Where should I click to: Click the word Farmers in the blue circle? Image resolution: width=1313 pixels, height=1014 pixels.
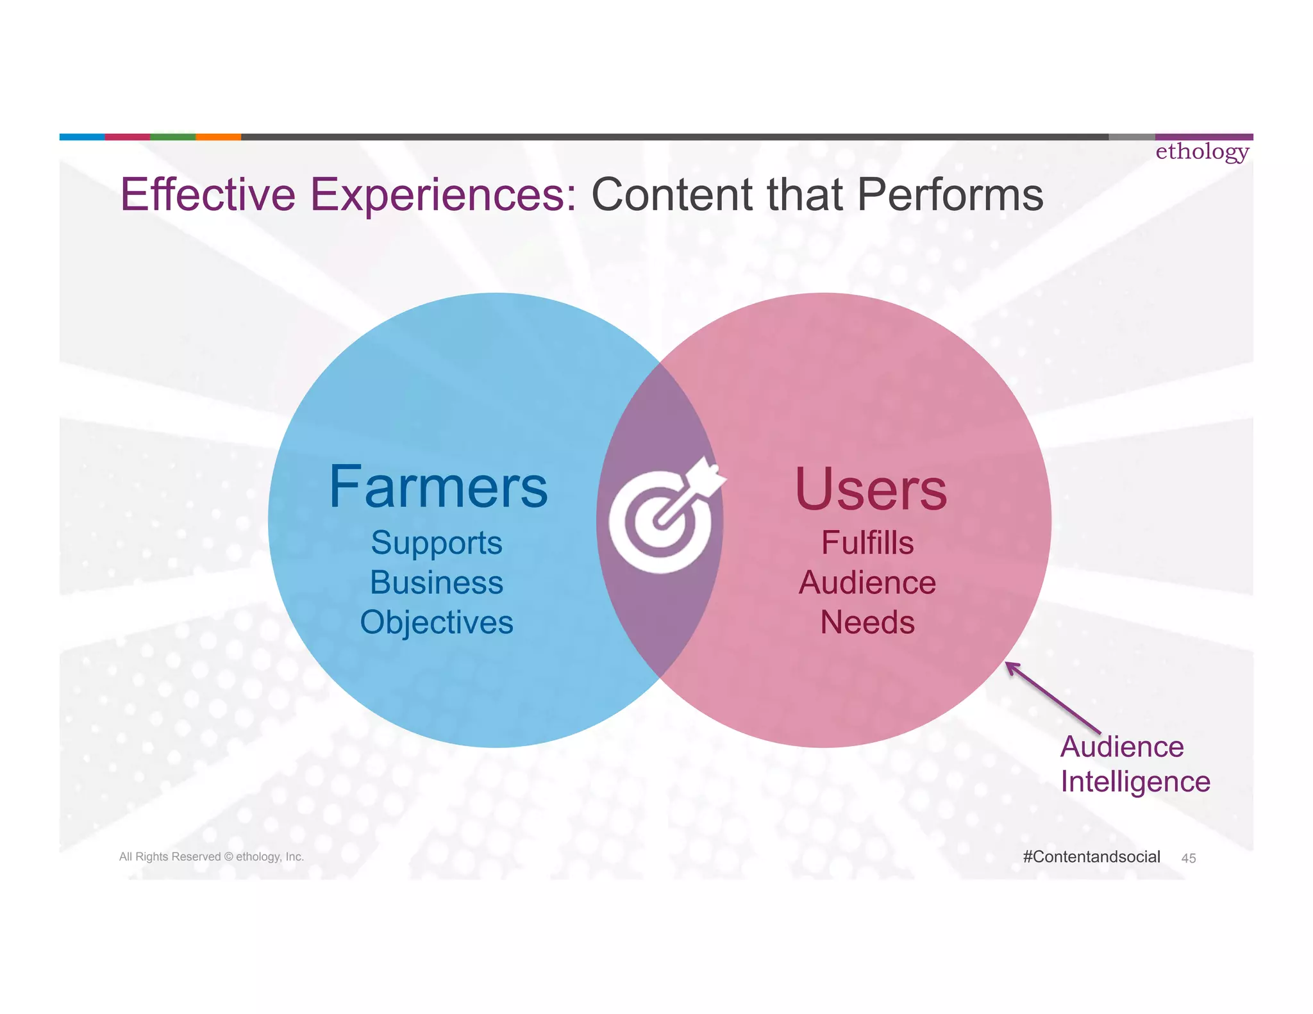pos(438,488)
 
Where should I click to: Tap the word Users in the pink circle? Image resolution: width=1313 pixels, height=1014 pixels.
pos(871,490)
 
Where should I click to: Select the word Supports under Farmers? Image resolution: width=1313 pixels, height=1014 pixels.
pos(436,544)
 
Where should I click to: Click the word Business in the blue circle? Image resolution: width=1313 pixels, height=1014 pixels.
pos(436,583)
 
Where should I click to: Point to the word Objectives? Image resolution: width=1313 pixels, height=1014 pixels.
pos(436,622)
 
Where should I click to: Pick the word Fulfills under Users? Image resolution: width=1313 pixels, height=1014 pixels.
pos(867,543)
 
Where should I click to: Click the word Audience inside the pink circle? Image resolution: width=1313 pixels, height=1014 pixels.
pos(867,583)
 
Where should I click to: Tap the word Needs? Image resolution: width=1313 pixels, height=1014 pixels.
pos(867,622)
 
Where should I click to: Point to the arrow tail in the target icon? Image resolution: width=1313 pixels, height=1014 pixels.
pos(708,475)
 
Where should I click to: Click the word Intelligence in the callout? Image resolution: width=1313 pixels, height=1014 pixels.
pos(1135,782)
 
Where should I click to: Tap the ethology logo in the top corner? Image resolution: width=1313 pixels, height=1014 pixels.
pos(1202,152)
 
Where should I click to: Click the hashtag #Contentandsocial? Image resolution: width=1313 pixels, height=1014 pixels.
pos(1091,857)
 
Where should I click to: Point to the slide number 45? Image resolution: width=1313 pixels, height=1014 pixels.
pos(1188,858)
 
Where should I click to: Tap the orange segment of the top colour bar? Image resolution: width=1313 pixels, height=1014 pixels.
pos(218,137)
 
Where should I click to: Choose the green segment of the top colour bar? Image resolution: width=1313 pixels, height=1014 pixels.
pos(172,137)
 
